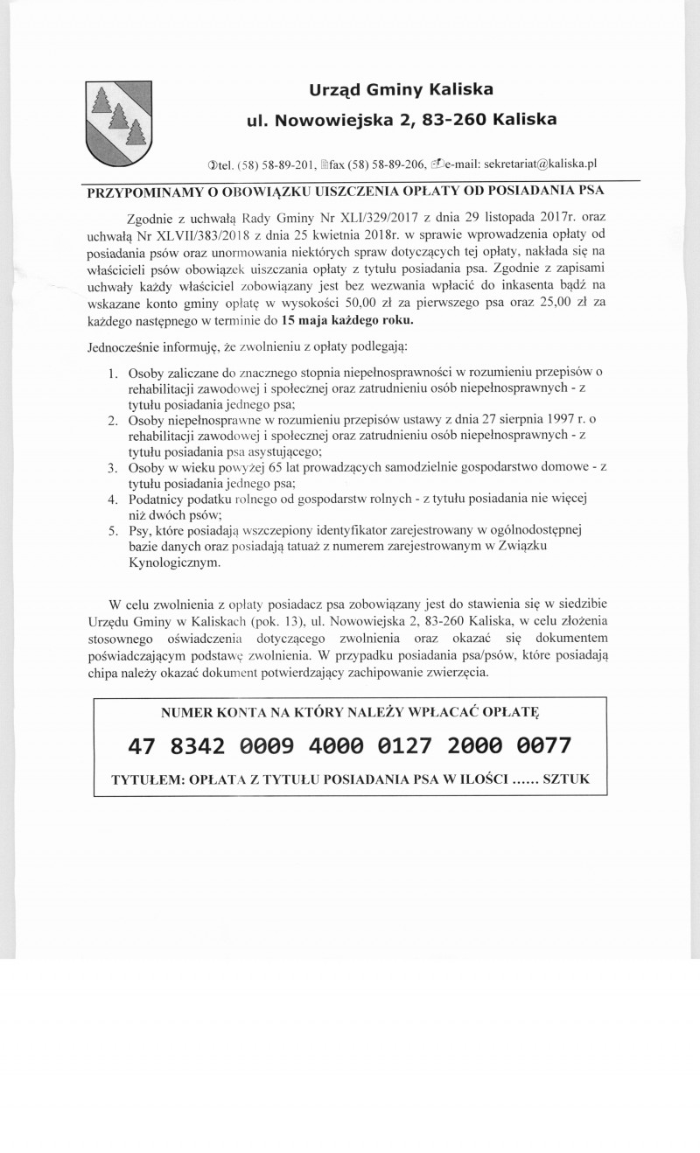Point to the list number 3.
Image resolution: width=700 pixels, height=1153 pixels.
[113, 468]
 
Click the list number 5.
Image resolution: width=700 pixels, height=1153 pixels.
[113, 530]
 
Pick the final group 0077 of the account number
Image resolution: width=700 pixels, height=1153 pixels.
[543, 745]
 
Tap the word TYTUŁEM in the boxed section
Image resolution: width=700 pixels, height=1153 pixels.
[146, 779]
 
